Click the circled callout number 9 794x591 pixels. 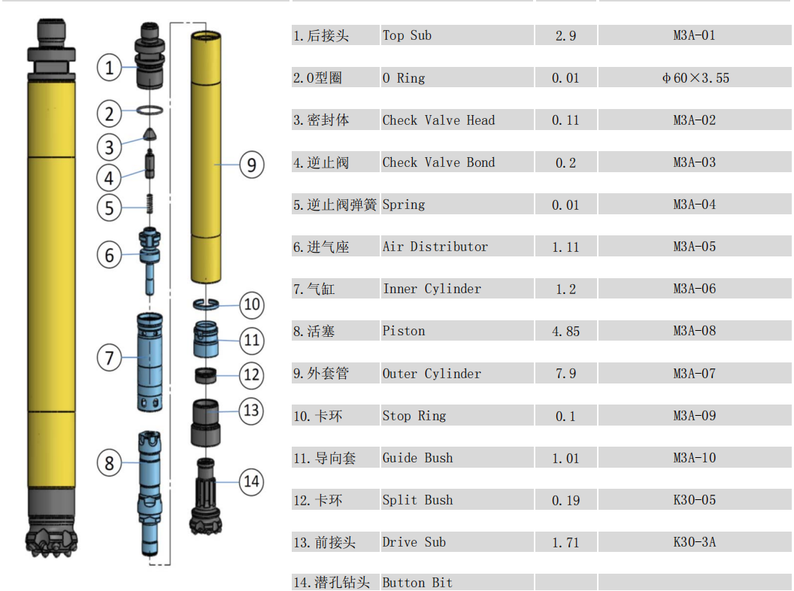pos(252,165)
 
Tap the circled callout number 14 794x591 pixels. pos(252,481)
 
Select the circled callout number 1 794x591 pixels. pos(109,68)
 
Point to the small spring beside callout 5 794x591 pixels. pos(150,204)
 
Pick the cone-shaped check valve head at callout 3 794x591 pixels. pos(150,134)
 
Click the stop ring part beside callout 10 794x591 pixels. pos(205,304)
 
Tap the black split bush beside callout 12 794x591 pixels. pos(205,376)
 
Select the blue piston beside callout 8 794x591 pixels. pos(150,492)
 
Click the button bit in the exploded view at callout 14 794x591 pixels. pos(205,496)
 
